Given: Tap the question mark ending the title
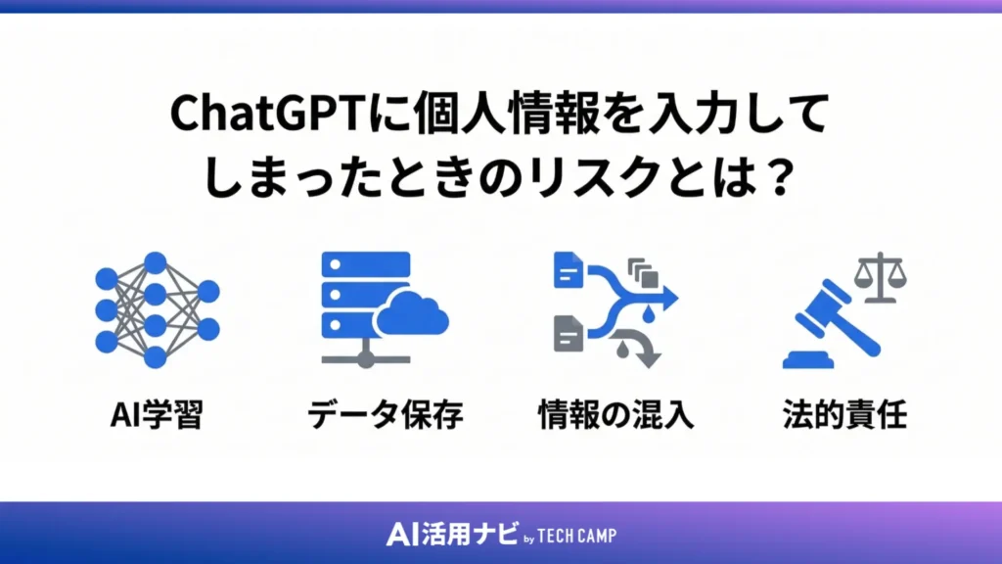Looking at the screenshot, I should (780, 177).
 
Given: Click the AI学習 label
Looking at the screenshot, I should (155, 415).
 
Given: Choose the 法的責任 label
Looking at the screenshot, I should (845, 415).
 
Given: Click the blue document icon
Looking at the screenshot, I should (569, 270).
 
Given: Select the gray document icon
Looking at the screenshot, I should (569, 333).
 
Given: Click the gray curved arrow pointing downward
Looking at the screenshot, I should (641, 347).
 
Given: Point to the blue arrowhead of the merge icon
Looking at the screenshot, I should (668, 294).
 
